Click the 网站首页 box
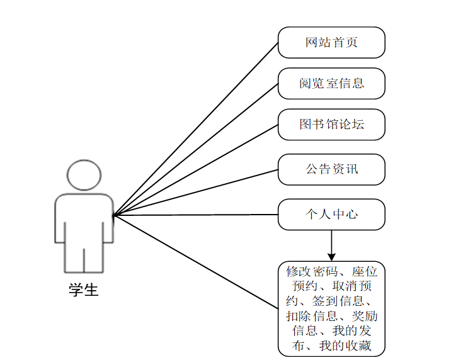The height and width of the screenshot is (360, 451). coord(331,43)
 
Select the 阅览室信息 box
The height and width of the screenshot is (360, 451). coord(331,84)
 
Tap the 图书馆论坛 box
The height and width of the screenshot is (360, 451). coord(331,124)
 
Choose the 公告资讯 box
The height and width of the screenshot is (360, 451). coord(331,169)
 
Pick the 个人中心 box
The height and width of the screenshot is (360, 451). coord(331,215)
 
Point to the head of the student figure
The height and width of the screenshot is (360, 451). coord(84,176)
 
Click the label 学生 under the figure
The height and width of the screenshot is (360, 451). coord(84,291)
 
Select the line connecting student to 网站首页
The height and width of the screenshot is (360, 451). coord(195,129)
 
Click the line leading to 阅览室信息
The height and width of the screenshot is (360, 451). coord(195,149)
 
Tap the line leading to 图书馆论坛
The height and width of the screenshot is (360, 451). coord(195,169)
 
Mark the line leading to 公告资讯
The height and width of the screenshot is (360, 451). coord(195,192)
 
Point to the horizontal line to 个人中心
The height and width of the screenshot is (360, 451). coord(195,215)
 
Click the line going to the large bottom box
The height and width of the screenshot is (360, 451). coord(195,261)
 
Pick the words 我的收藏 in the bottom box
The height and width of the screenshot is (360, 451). coord(346,346)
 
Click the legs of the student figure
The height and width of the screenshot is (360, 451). coord(84,258)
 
